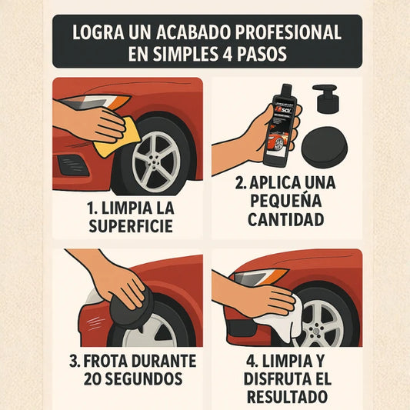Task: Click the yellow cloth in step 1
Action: click(x=118, y=137)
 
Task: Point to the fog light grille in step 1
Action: click(x=73, y=165)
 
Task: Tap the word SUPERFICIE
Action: click(x=131, y=226)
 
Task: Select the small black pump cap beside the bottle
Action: click(x=327, y=98)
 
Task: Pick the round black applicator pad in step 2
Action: click(x=325, y=147)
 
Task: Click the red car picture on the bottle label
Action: click(x=278, y=141)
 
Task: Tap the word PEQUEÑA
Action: click(x=286, y=200)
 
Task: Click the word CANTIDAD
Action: click(x=286, y=219)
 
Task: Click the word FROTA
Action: click(x=105, y=361)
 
